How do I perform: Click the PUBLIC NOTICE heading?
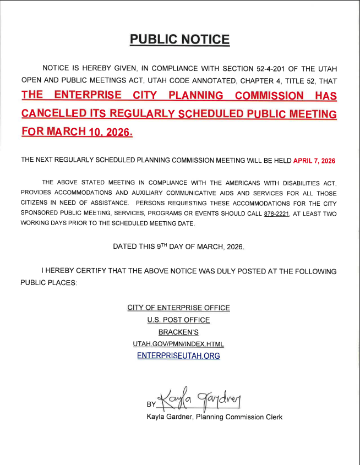pyautogui.click(x=179, y=39)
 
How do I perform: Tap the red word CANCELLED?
pyautogui.click(x=56, y=114)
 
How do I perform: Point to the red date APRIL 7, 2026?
pyautogui.click(x=314, y=161)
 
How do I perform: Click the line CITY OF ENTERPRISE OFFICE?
pyautogui.click(x=178, y=308)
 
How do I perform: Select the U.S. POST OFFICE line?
pyautogui.click(x=178, y=320)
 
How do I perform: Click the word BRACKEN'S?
pyautogui.click(x=178, y=332)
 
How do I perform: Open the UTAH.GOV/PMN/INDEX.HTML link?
pyautogui.click(x=178, y=344)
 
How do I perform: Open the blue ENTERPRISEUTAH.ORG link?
pyautogui.click(x=178, y=356)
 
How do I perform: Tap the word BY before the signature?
pyautogui.click(x=151, y=404)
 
